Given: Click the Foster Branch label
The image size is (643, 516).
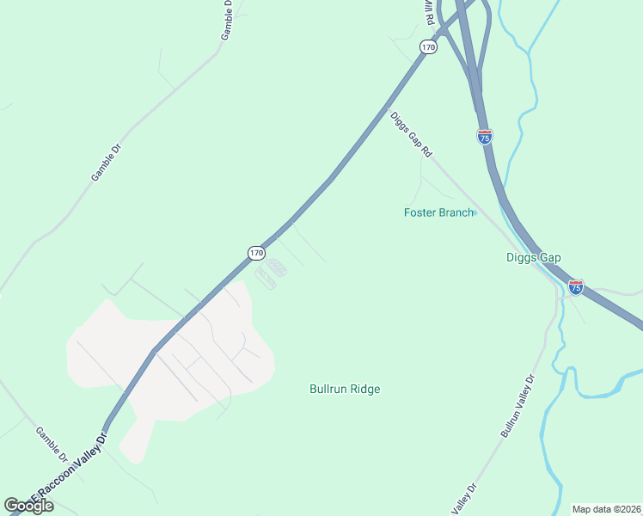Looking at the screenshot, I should [438, 212].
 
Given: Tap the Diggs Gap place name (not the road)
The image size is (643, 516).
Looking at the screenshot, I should [533, 257].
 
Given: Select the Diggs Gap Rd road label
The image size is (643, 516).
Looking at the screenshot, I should [411, 134].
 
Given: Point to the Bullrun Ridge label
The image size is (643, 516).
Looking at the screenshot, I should [345, 389].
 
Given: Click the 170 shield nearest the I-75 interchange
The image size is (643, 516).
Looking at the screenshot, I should [428, 46].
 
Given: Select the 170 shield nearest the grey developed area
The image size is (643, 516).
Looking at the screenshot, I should [256, 252].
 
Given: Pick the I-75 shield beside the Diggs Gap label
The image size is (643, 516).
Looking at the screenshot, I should [576, 286].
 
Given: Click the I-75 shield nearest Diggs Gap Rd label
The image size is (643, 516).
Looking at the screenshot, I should [485, 137].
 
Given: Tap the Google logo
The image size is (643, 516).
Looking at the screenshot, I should [28, 506].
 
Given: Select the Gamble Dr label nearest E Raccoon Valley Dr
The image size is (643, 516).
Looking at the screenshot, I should [52, 442].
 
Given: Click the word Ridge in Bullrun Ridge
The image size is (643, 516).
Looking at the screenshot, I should [364, 389].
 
